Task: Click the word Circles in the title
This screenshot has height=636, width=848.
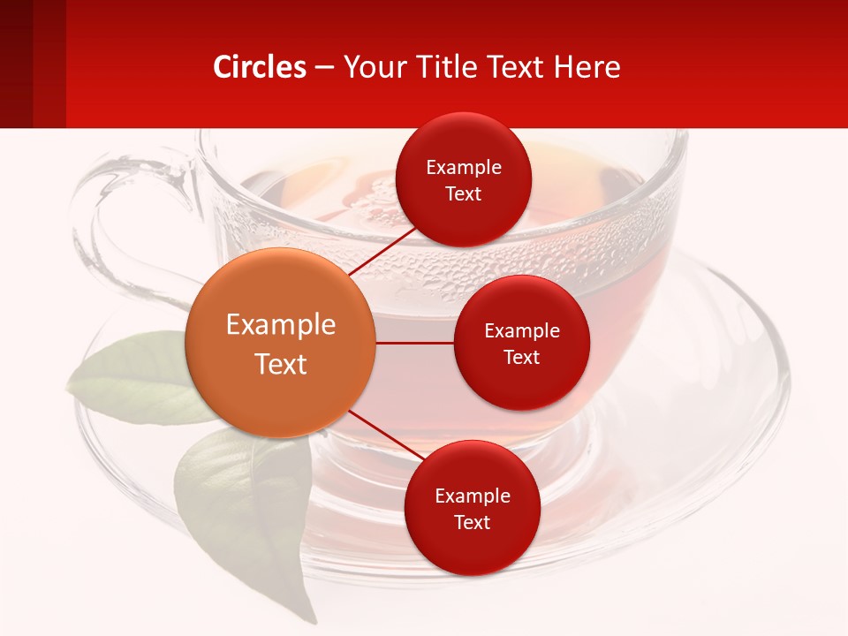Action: click(x=260, y=67)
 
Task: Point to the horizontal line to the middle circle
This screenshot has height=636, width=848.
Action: click(x=414, y=343)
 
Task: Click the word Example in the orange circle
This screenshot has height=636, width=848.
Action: click(x=280, y=325)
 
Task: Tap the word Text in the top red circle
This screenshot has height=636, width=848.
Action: click(x=463, y=194)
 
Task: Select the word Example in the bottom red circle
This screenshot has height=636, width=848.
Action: click(x=472, y=496)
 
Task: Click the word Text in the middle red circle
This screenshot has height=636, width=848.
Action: click(x=521, y=357)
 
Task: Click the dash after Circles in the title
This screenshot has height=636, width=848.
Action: click(x=323, y=68)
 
